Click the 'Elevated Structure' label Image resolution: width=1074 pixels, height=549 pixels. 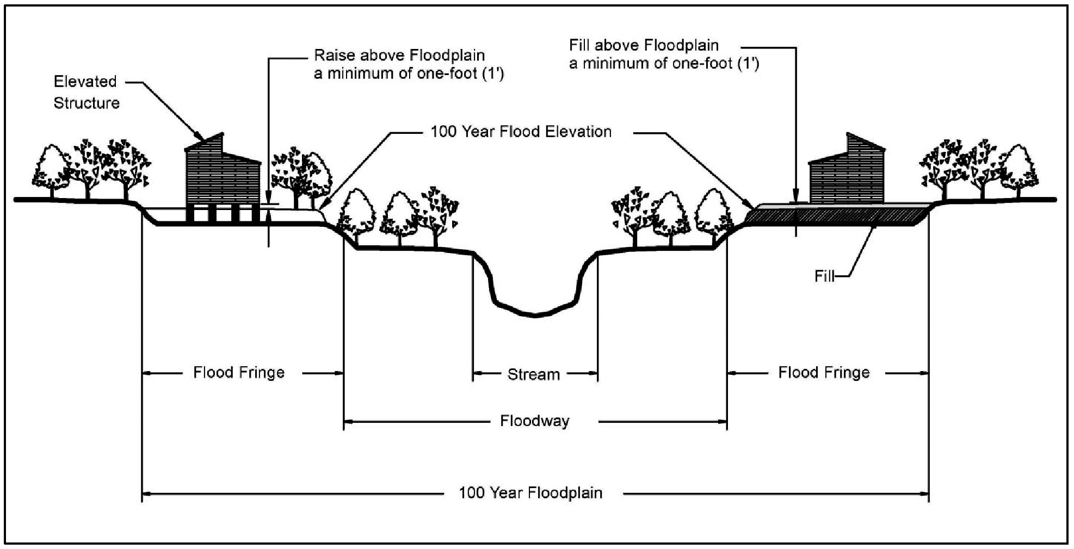tap(86, 92)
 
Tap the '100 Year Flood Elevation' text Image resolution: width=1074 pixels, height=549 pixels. tap(521, 132)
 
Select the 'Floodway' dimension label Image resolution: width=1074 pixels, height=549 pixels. tap(534, 421)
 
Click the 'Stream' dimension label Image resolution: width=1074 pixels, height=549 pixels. tap(533, 374)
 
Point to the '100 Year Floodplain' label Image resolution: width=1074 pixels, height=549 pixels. tap(530, 493)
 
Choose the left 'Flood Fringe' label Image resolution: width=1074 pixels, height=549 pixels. tap(239, 373)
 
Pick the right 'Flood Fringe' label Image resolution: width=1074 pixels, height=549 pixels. tap(824, 373)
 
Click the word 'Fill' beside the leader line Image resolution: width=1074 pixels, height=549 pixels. tap(824, 276)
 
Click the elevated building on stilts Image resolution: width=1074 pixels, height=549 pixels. tap(222, 174)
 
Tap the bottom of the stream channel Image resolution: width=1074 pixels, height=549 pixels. tap(534, 314)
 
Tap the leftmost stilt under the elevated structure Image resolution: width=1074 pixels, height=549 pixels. tap(191, 214)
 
